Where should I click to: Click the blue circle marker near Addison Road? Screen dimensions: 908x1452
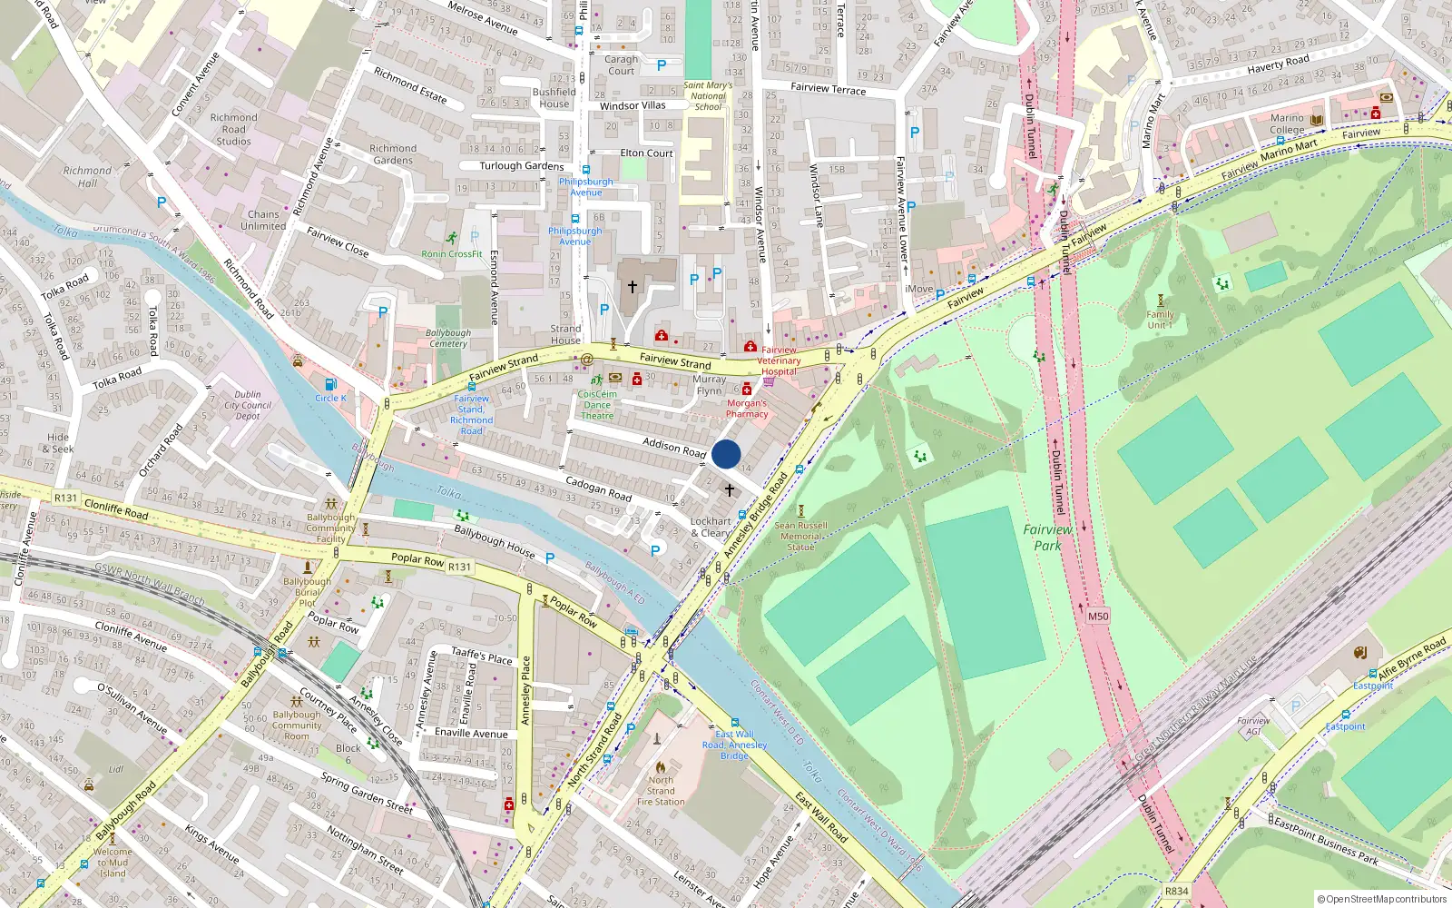(x=726, y=454)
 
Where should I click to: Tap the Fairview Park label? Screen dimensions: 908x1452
(x=1047, y=538)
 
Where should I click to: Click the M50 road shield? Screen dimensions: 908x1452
(x=1098, y=617)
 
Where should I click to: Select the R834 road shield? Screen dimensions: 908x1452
(x=1176, y=892)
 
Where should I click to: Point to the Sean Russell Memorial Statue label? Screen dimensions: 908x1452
(x=800, y=536)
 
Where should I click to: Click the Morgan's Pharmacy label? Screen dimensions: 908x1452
(x=747, y=409)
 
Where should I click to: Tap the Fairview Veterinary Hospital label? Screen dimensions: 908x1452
(x=779, y=360)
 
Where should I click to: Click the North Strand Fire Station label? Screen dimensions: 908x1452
(x=661, y=791)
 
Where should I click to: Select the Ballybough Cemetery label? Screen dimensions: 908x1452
(x=448, y=338)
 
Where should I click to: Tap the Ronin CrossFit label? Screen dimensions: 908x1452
(x=451, y=254)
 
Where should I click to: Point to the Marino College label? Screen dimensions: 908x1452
(x=1287, y=124)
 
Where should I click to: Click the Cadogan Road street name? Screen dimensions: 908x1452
(x=598, y=489)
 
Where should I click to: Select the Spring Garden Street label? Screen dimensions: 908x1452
(x=367, y=793)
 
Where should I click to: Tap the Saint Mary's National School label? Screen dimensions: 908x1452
(x=708, y=95)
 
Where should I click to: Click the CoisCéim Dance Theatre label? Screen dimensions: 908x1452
(x=597, y=405)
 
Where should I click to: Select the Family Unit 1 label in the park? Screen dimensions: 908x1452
(x=1160, y=320)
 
